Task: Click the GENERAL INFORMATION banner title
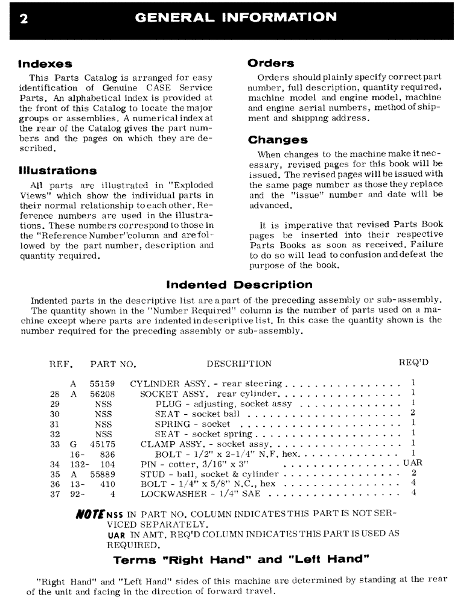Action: point(237,17)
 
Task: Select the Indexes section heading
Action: point(45,64)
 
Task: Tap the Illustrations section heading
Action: point(57,171)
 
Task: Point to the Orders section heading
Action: point(271,63)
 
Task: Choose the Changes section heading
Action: point(278,140)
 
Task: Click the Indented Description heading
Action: point(239,285)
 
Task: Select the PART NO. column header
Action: point(113,364)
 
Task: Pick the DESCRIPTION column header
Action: point(239,364)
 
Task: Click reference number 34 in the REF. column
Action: point(56,464)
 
